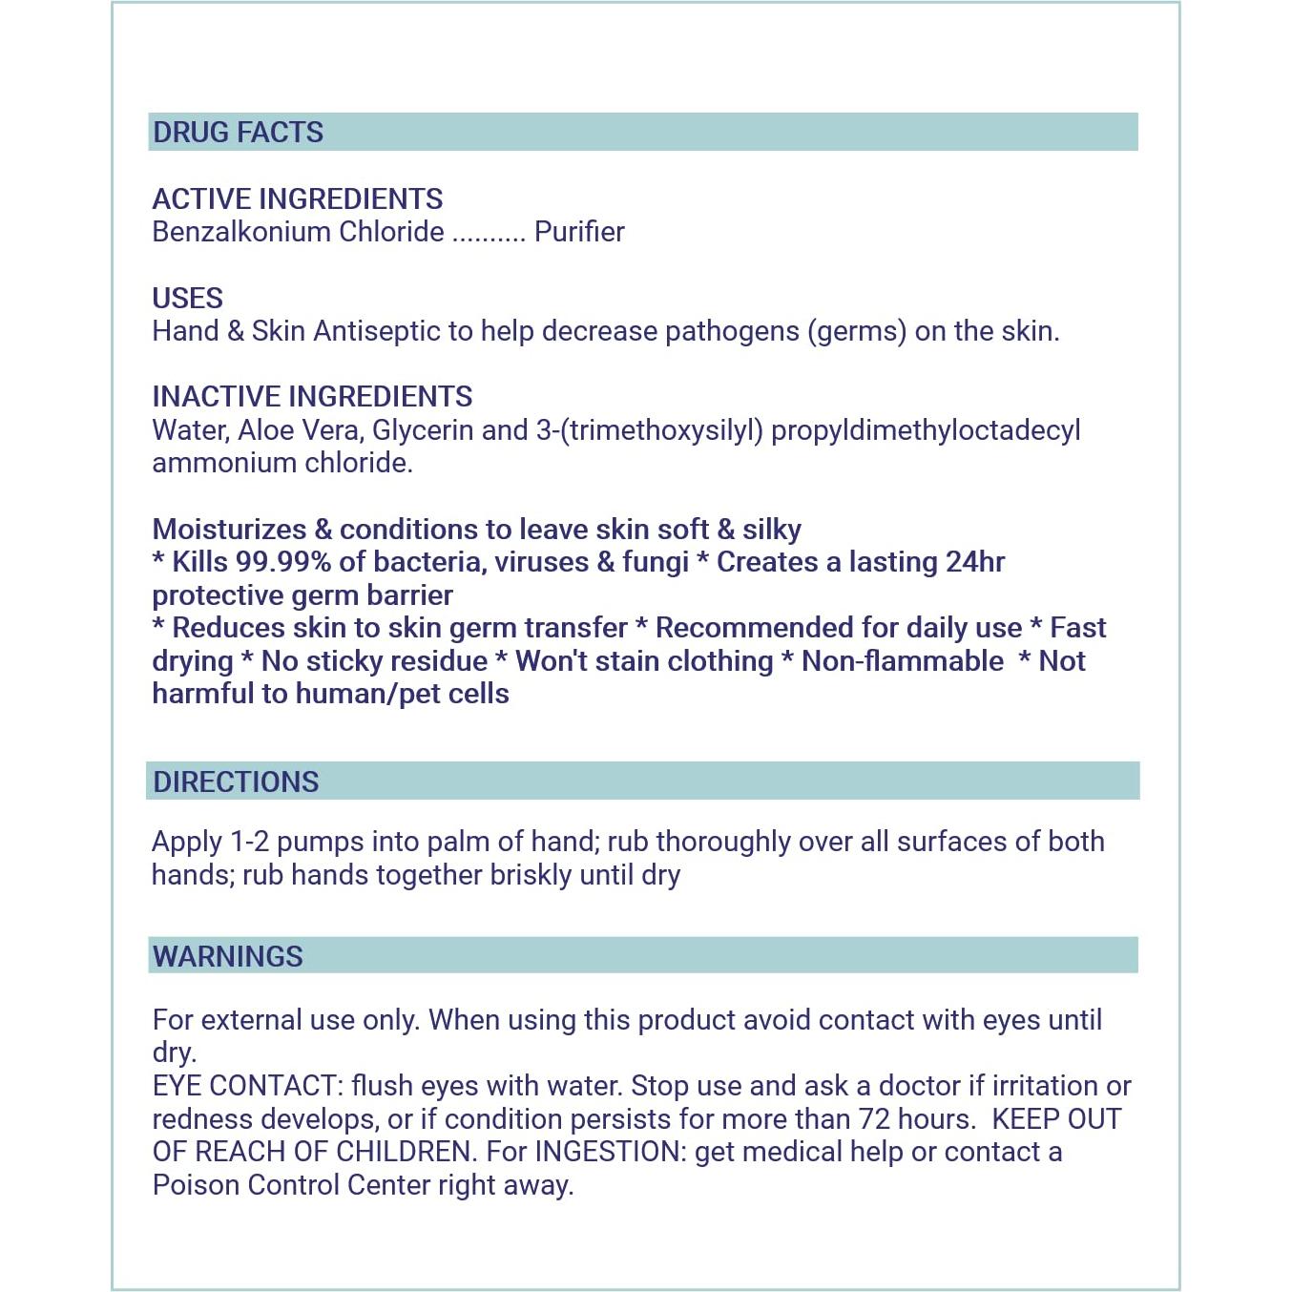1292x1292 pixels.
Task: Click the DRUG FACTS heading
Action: tap(238, 132)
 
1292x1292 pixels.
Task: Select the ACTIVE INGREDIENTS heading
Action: tap(297, 198)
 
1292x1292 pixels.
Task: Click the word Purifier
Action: tap(579, 232)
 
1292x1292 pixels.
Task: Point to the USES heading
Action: tap(187, 298)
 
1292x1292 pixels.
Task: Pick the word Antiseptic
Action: tap(376, 331)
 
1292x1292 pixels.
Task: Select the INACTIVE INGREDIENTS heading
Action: tap(312, 397)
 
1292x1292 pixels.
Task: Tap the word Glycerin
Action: tap(422, 430)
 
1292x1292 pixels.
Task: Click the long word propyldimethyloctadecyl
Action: tap(925, 430)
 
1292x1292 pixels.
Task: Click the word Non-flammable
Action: tap(902, 661)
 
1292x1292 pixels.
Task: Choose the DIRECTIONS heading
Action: tap(236, 781)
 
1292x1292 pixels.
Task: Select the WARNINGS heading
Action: tap(227, 956)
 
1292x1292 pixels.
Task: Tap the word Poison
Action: tap(196, 1185)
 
